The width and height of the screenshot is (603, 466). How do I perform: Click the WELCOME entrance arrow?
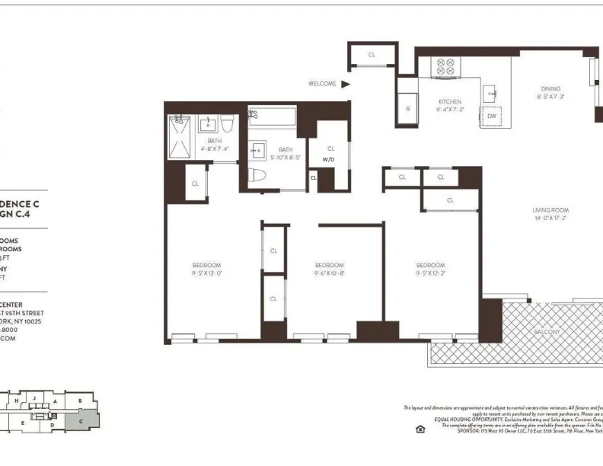pyautogui.click(x=345, y=84)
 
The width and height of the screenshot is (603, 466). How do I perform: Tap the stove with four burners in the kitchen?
pyautogui.click(x=444, y=67)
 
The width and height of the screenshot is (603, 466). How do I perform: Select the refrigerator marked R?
pyautogui.click(x=408, y=109)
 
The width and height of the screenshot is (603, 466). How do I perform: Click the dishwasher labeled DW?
pyautogui.click(x=491, y=116)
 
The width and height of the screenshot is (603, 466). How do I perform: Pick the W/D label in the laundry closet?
pyautogui.click(x=329, y=160)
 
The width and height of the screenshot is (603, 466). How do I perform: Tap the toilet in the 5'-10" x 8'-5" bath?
pyautogui.click(x=258, y=174)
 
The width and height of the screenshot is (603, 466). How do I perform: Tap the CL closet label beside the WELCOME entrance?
pyautogui.click(x=372, y=55)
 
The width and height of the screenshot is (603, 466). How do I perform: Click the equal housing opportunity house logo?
pyautogui.click(x=420, y=429)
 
